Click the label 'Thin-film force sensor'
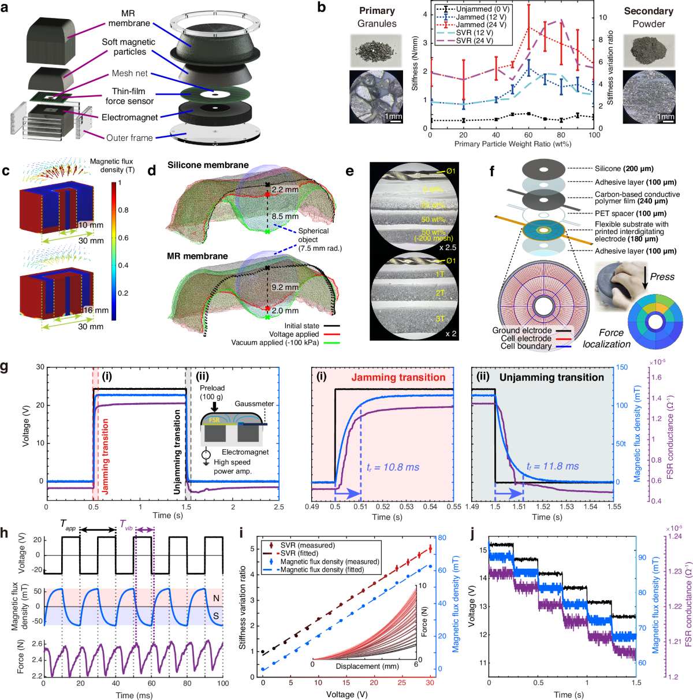tap(129, 96)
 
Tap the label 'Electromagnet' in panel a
tap(129, 117)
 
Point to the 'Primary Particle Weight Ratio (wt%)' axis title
tap(512, 143)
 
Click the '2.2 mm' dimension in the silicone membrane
tap(285, 189)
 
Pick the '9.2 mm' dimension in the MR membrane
tap(285, 287)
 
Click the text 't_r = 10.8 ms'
tap(393, 467)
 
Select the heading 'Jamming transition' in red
tap(398, 377)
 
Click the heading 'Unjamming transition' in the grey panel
tap(552, 377)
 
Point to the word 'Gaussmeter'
tap(254, 404)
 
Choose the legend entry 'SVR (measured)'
tap(307, 545)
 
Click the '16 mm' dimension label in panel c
tap(95, 310)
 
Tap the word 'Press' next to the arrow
tap(662, 276)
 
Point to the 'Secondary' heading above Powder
tap(649, 11)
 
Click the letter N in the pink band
tap(216, 598)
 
